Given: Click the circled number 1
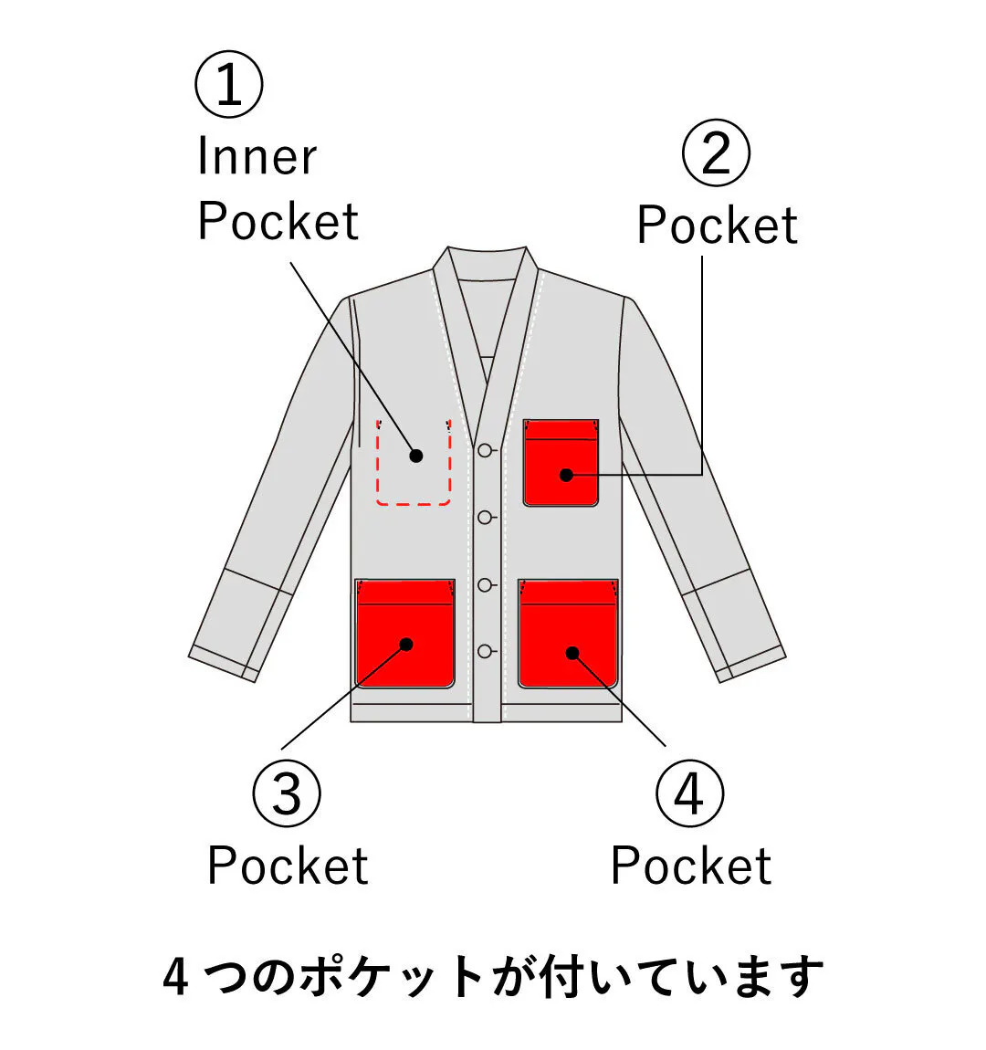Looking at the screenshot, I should click(229, 84).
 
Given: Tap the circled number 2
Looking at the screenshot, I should click(717, 153).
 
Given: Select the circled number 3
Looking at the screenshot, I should click(287, 793).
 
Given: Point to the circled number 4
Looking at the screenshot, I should click(689, 793).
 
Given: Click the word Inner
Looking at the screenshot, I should click(257, 157).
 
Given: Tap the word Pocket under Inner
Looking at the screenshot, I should click(278, 222).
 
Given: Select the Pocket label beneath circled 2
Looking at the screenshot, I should click(718, 226).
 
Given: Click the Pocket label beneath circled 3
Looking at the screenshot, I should click(288, 866).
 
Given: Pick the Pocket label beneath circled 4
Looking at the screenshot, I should click(691, 866).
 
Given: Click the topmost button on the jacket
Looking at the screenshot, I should click(486, 450).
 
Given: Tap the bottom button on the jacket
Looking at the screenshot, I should click(486, 651).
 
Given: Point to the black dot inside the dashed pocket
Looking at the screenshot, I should click(416, 456).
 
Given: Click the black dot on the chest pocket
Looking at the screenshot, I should click(566, 475).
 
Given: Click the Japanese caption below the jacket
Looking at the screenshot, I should click(493, 977).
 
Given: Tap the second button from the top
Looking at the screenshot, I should click(486, 518).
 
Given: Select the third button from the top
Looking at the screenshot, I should click(486, 584).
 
